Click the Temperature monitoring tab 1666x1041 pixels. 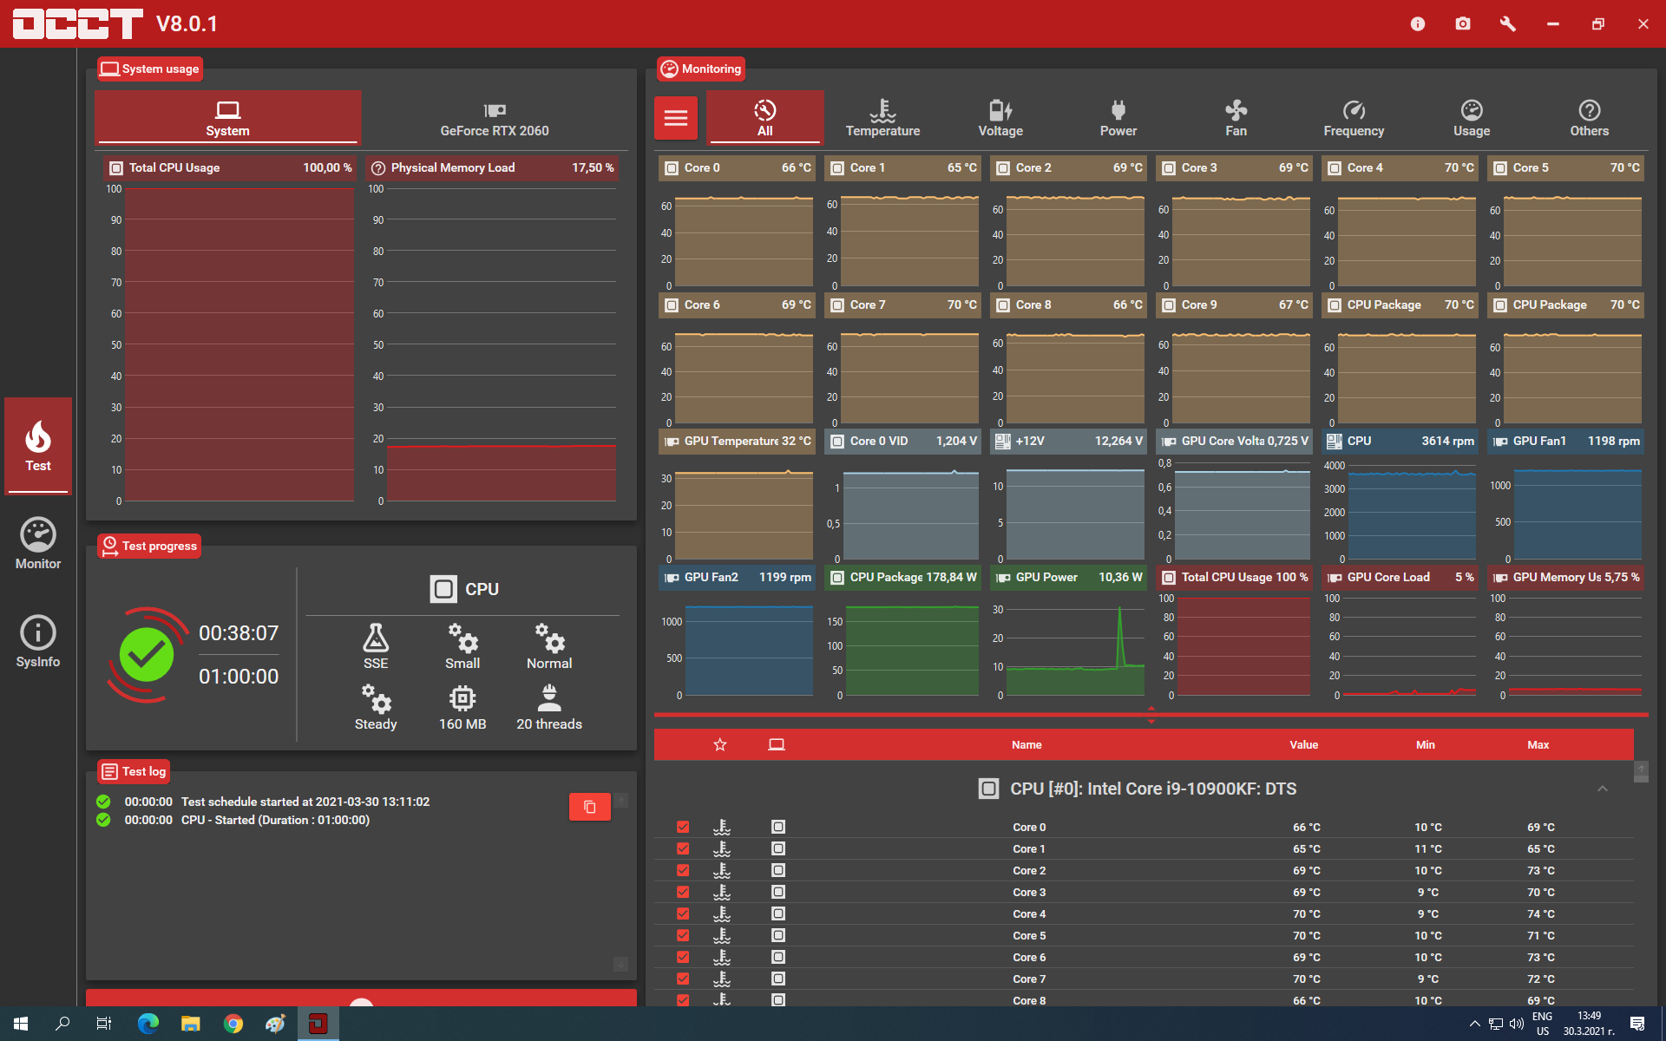tap(882, 118)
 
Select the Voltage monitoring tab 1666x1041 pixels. tap(1000, 118)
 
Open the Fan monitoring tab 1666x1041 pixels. tap(1236, 118)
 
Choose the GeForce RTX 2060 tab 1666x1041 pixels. tap(495, 118)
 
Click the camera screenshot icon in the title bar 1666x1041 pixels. tap(1463, 23)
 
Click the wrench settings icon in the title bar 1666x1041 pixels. tap(1508, 23)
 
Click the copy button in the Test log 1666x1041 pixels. tap(589, 807)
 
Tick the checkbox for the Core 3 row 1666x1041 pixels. tap(683, 892)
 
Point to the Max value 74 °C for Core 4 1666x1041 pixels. tap(1541, 913)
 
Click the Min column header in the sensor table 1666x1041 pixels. tap(1426, 744)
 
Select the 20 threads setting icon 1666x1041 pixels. tap(549, 697)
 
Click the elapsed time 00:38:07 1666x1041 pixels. tap(239, 633)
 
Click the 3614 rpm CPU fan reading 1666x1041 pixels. tap(1447, 441)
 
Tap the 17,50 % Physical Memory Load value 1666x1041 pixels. tap(593, 167)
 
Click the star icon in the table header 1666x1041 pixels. tap(720, 744)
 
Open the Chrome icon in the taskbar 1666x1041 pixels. tap(233, 1024)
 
